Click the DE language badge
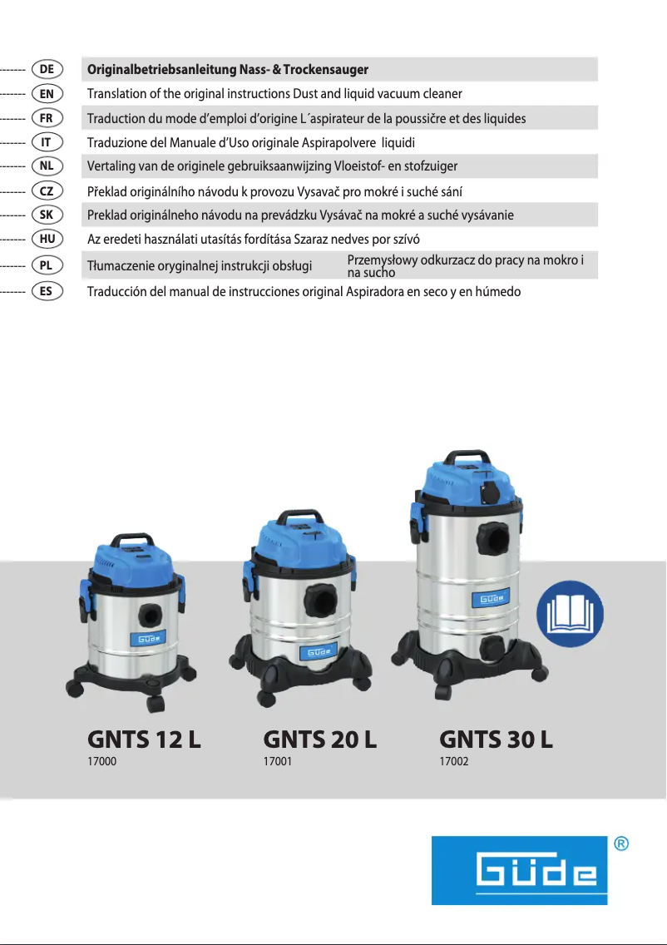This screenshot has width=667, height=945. click(x=47, y=69)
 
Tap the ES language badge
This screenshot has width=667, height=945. click(x=47, y=292)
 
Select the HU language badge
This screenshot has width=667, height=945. click(x=47, y=239)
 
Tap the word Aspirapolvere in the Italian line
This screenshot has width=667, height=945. click(x=344, y=142)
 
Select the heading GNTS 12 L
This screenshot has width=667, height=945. click(x=144, y=739)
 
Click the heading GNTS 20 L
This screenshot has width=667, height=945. click(x=319, y=739)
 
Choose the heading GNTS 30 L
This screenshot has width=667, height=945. click(x=496, y=739)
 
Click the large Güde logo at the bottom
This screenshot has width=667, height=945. click(x=519, y=870)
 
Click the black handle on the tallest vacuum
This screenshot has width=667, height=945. click(x=462, y=458)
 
